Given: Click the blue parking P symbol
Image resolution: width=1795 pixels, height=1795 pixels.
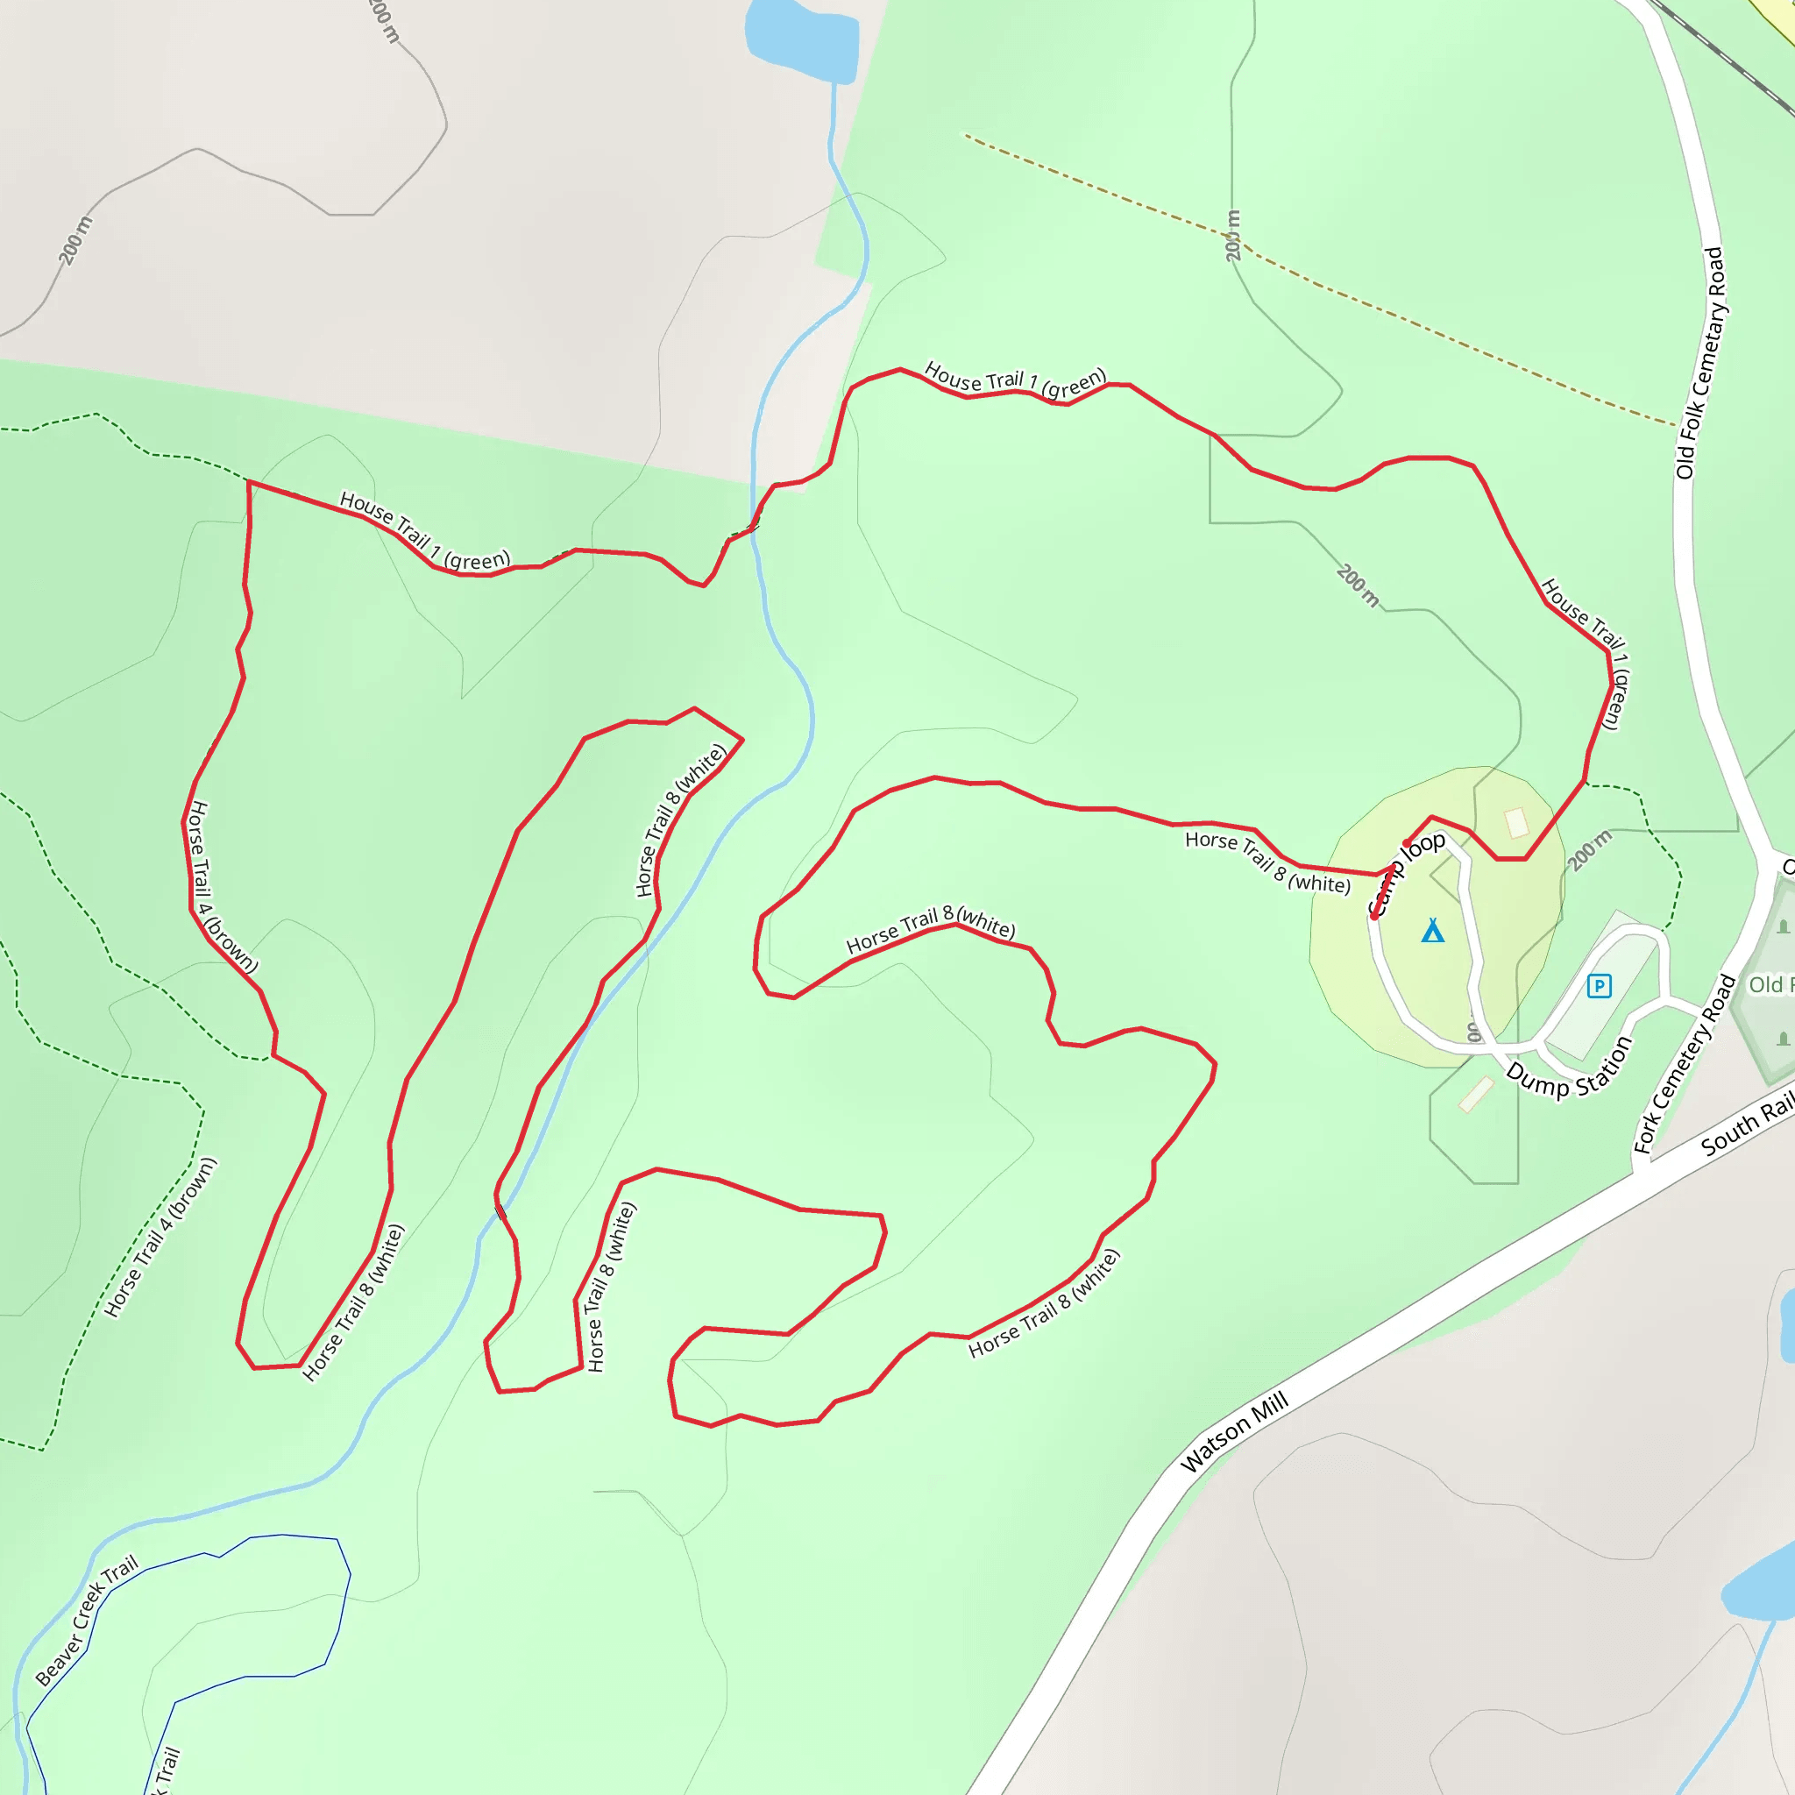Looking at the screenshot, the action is pyautogui.click(x=1599, y=986).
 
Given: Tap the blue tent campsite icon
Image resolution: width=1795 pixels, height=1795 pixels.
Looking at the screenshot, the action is pyautogui.click(x=1433, y=930).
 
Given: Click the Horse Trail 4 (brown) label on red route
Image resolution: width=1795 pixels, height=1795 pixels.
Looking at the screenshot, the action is pyautogui.click(x=220, y=887).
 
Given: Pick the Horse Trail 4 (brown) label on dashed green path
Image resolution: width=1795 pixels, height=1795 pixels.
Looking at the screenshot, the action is pyautogui.click(x=160, y=1237).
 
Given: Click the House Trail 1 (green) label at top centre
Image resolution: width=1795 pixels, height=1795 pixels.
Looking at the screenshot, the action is pyautogui.click(x=1015, y=381).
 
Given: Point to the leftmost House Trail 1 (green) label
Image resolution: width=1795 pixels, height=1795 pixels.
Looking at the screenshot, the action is pyautogui.click(x=424, y=531).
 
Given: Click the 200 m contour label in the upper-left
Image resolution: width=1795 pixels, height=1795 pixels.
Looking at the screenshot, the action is pyautogui.click(x=76, y=239).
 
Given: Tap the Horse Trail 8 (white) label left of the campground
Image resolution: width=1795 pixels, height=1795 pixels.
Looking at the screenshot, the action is pyautogui.click(x=1267, y=862).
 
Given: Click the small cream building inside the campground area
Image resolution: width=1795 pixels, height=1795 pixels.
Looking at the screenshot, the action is pyautogui.click(x=1516, y=822).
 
